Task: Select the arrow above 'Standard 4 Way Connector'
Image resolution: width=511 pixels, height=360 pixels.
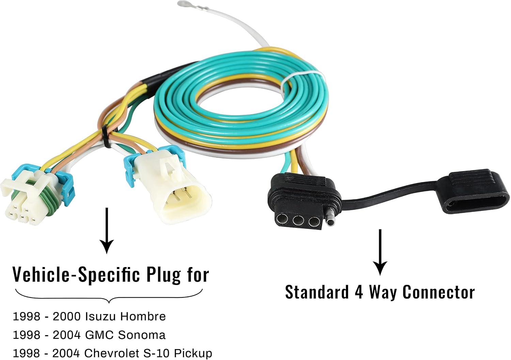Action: tap(380, 252)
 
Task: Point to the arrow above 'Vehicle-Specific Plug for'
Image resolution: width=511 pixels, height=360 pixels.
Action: tap(107, 231)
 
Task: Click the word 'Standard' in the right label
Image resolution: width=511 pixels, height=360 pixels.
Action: tap(317, 292)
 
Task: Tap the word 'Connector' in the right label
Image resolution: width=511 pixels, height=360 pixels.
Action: tap(438, 292)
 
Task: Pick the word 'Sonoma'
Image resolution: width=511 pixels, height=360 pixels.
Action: tap(142, 335)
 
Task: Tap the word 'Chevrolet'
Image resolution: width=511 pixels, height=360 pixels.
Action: tap(111, 354)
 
